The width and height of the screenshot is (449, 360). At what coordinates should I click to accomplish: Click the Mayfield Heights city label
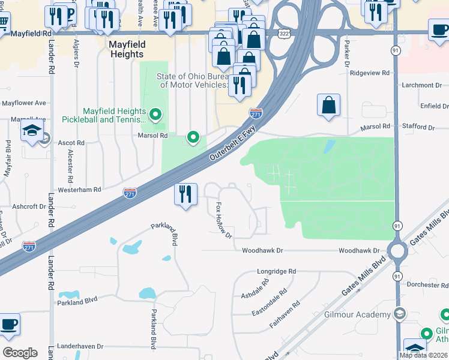(126, 49)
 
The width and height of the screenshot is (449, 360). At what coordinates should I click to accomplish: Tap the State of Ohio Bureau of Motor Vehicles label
(192, 80)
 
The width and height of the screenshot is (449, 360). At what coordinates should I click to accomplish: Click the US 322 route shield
(285, 34)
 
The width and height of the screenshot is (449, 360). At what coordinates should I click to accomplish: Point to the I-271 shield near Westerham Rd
(130, 193)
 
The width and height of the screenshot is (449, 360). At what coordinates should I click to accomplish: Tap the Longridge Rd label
(277, 271)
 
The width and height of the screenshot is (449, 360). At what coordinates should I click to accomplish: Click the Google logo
(20, 353)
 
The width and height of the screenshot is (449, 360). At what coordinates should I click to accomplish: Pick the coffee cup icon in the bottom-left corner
(9, 325)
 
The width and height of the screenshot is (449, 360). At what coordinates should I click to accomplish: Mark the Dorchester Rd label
(427, 284)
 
